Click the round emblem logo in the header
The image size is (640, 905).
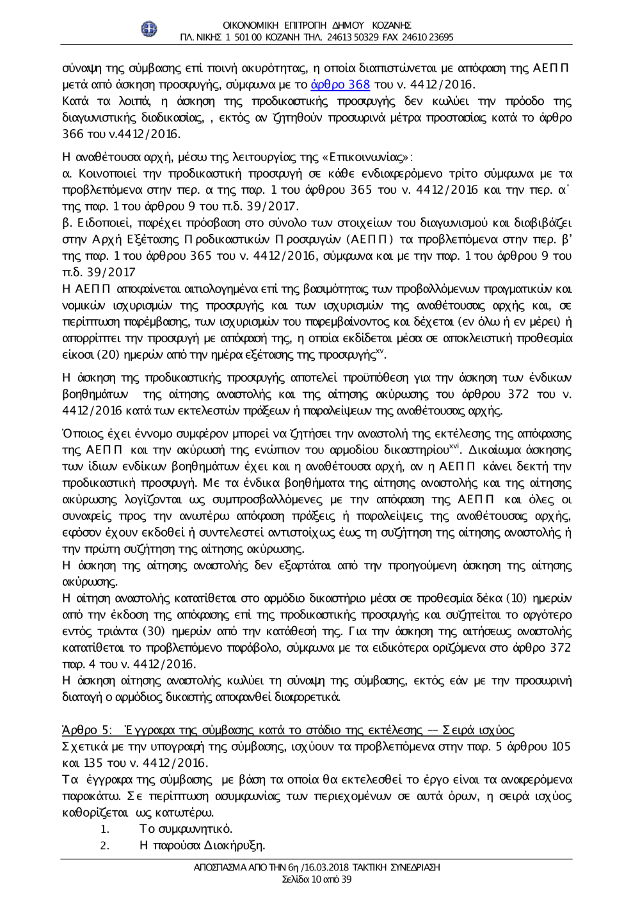pyautogui.click(x=149, y=29)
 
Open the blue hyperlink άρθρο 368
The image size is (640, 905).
pyautogui.click(x=340, y=84)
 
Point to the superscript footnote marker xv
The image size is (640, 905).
pyautogui.click(x=380, y=350)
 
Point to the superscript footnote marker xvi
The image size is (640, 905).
pyautogui.click(x=454, y=446)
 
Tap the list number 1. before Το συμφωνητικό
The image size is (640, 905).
pyautogui.click(x=105, y=829)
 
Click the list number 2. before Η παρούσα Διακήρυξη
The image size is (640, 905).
pyautogui.click(x=105, y=846)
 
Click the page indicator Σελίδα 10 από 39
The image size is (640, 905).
pyautogui.click(x=317, y=879)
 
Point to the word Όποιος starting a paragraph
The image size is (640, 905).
pyautogui.click(x=81, y=434)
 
